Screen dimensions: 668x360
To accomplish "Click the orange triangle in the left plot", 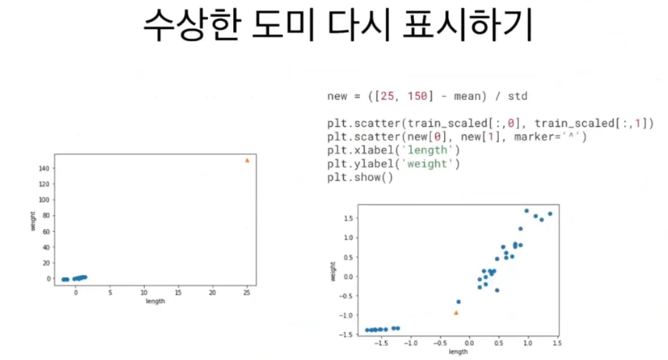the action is (247, 161).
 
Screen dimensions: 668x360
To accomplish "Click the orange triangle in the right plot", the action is (456, 313).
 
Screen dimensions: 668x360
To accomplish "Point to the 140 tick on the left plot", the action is (44, 168).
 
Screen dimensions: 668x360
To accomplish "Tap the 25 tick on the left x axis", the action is (246, 293).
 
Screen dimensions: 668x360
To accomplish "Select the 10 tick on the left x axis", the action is (144, 293).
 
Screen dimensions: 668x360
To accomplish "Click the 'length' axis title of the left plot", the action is (155, 302).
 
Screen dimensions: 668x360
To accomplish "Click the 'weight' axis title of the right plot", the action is (333, 271).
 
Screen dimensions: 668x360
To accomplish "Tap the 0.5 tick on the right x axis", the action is (498, 343).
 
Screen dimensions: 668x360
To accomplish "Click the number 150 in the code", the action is (417, 96).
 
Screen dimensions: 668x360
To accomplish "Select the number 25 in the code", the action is (387, 96).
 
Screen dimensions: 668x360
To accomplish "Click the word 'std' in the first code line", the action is (518, 96).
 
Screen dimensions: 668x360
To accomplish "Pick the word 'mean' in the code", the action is (468, 97).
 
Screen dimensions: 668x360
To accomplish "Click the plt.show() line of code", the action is (360, 177).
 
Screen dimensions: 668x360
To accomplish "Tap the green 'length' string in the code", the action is (427, 150).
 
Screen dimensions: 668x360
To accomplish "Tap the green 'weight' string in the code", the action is (427, 164).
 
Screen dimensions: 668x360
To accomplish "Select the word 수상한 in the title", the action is (190, 25).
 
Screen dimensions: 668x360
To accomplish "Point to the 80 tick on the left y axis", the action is (46, 216).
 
